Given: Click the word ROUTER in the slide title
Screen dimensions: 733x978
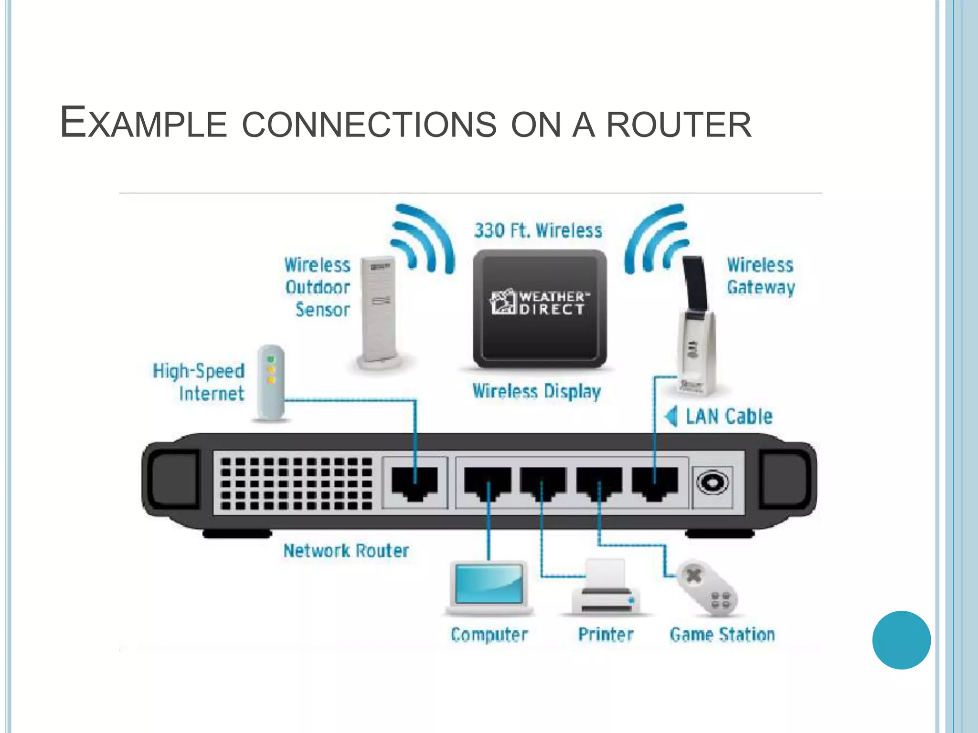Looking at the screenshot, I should pos(679,125).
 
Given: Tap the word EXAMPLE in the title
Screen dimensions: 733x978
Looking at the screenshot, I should pos(143,123).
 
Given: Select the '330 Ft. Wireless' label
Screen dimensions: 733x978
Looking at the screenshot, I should pos(538,231).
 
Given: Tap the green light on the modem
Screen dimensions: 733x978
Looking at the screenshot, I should pos(271,359).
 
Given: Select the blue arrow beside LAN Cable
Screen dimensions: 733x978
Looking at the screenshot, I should pos(671,416).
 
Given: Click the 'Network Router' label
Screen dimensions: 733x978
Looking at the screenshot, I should pos(346,551).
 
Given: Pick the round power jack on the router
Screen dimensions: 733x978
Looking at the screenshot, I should pos(712,483).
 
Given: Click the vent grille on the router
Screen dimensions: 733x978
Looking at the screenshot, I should pos(297,483).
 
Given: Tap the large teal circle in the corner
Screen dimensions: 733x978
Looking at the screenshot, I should pos(901,640).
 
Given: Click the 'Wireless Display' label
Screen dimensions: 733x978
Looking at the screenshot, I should pos(536,391).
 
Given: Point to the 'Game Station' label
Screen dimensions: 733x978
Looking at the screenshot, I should pos(722,635).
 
